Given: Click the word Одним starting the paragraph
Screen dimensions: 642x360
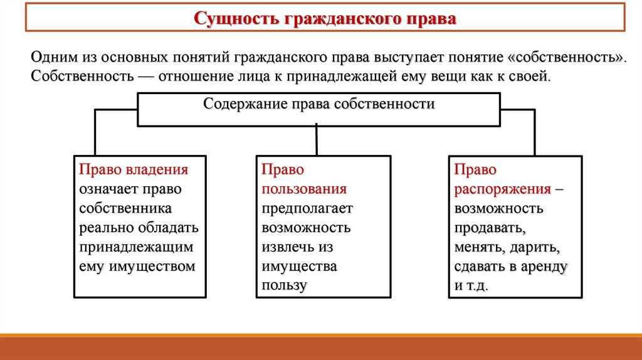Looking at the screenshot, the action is tap(53, 57).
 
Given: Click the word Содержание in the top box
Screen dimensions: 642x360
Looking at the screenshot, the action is tap(243, 104).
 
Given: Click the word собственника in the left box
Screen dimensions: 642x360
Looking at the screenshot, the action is tap(125, 208).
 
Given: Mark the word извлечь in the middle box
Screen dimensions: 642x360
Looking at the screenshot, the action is tap(285, 247).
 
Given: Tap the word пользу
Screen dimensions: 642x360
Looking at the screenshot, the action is tap(284, 286).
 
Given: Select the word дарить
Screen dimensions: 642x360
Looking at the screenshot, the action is tap(532, 247).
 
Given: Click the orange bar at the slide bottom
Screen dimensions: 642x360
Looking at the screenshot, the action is tap(321, 347).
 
